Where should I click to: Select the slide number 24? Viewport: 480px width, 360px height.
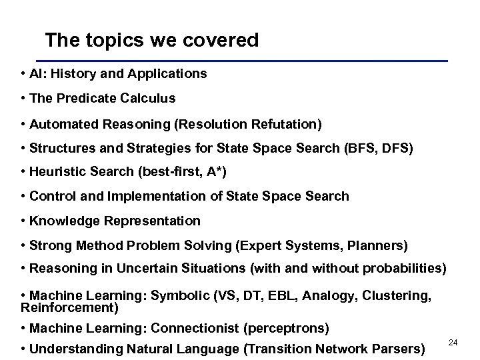pyautogui.click(x=453, y=342)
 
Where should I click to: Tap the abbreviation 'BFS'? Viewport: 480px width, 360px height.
pyautogui.click(x=355, y=149)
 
